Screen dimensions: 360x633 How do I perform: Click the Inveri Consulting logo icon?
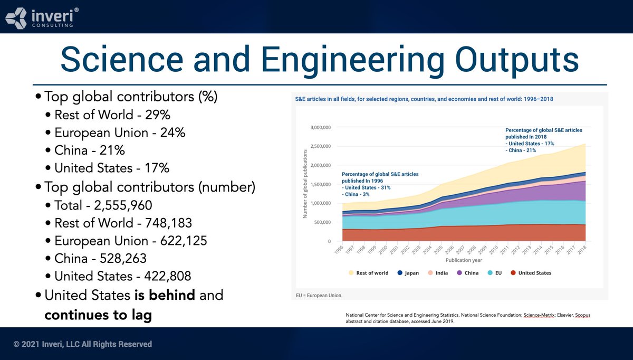coord(15,17)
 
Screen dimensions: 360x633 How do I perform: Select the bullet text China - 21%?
coord(90,150)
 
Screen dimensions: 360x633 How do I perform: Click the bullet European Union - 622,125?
coord(131,241)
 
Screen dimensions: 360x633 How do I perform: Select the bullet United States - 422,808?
coord(122,276)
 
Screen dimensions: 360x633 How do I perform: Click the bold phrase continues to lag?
coord(98,315)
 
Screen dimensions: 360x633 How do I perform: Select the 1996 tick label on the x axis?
coord(339,249)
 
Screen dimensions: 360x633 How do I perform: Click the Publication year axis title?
coord(464,260)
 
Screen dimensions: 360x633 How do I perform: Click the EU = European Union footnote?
coord(319,296)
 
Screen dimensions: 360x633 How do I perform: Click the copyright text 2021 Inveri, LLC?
coord(83,344)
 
